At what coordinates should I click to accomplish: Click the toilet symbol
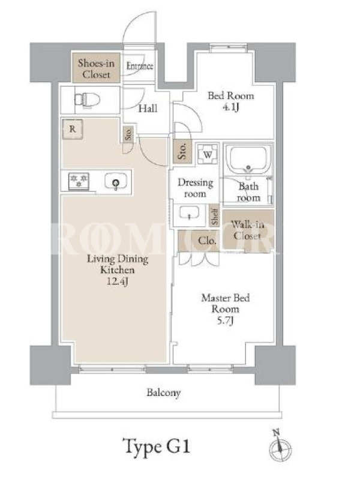tap(87, 100)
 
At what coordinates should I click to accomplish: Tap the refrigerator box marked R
tap(73, 129)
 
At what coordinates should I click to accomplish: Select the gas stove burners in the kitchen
tap(79, 181)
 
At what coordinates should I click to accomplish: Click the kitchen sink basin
tap(116, 181)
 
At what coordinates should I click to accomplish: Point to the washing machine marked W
tap(208, 154)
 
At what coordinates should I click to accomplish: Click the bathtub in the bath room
tap(248, 160)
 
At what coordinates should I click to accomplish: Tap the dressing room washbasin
tap(189, 212)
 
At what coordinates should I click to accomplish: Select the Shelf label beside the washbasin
tap(215, 216)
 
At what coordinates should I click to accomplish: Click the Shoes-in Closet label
tap(96, 68)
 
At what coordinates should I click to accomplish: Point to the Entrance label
tap(140, 66)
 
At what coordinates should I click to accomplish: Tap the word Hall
tap(148, 109)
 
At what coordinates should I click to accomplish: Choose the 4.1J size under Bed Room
tap(230, 108)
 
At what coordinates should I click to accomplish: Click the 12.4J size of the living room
tap(117, 281)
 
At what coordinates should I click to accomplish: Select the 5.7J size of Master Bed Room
tap(226, 320)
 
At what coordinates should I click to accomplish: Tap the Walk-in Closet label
tap(247, 230)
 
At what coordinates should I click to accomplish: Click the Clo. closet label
tap(207, 241)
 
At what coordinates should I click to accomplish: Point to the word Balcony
tap(163, 393)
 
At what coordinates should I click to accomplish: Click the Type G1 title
tap(157, 446)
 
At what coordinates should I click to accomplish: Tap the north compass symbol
tap(280, 446)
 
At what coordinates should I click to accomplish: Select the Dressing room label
tap(196, 188)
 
